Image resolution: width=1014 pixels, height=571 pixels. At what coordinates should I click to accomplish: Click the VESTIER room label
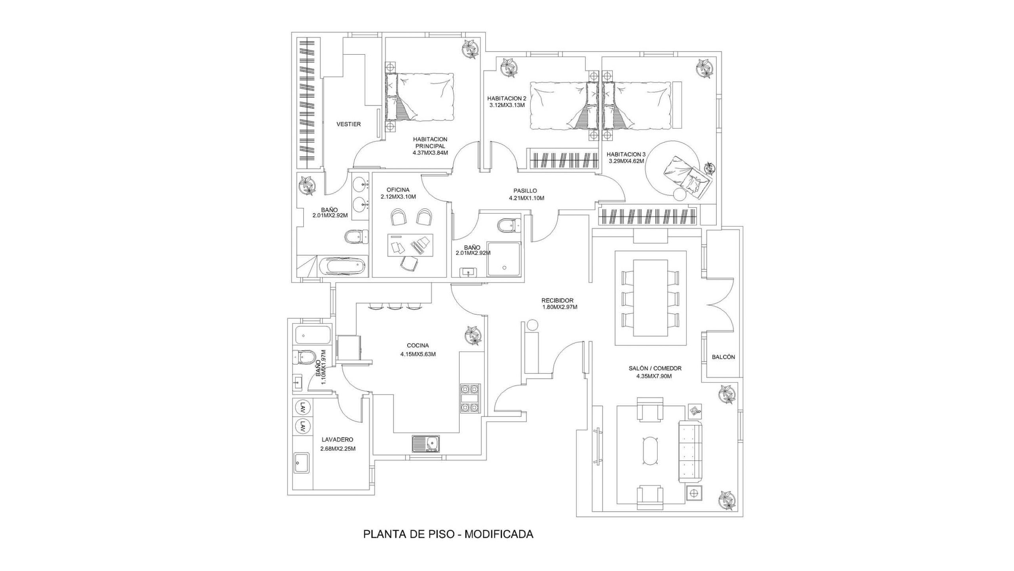[x=349, y=124]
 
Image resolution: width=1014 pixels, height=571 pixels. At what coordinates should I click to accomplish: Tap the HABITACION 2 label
[x=507, y=98]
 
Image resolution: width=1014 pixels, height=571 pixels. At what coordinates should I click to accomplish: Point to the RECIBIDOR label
[x=558, y=300]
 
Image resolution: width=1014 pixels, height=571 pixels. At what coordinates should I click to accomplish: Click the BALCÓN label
[x=723, y=357]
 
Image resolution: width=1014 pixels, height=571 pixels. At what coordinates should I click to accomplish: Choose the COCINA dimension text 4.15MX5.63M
[x=418, y=354]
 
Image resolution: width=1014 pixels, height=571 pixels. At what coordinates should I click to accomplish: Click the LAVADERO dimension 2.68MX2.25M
[x=338, y=449]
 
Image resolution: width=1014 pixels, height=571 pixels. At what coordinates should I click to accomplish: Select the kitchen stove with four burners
[x=470, y=398]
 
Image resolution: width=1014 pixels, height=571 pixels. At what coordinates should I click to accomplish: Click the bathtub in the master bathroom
[x=342, y=265]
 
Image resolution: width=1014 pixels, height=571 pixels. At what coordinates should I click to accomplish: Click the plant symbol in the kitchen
[x=474, y=335]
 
